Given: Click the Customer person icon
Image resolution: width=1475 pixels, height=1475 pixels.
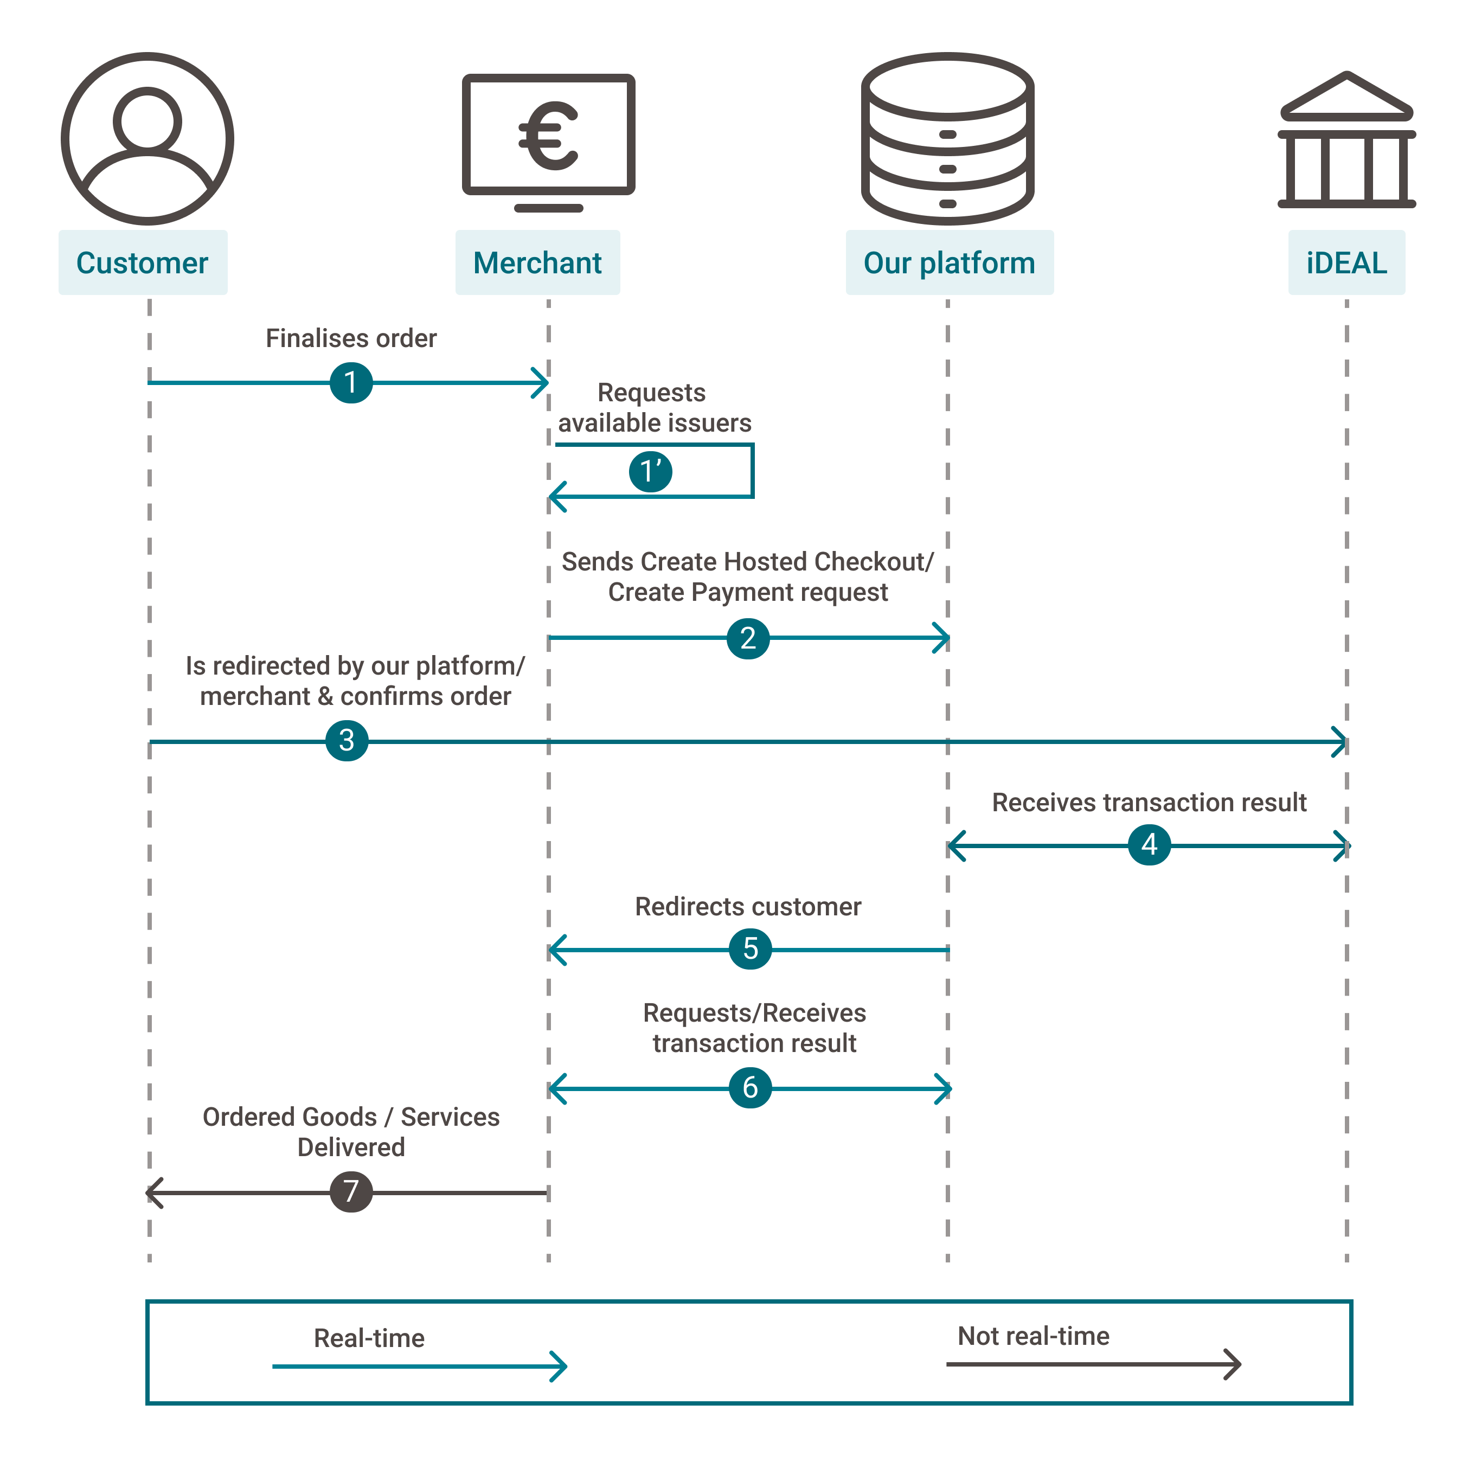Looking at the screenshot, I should [x=147, y=139].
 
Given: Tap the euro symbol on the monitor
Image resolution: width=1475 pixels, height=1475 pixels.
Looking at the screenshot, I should [x=548, y=136].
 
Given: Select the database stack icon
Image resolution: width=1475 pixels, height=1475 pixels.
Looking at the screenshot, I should [x=947, y=139].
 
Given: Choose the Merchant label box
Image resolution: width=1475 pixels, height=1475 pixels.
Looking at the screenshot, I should [x=537, y=262].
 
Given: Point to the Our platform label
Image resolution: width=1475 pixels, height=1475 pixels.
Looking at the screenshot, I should [x=949, y=262].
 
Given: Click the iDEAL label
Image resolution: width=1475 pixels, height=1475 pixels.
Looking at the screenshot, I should [x=1346, y=262].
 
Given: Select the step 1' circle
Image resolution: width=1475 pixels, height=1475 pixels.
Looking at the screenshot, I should [x=651, y=471].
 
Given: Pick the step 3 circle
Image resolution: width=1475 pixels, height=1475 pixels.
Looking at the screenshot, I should [x=347, y=740].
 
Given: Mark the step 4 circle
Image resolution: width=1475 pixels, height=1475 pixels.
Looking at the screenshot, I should [x=1149, y=844].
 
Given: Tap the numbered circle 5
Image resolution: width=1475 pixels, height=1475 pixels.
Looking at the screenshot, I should [x=751, y=948].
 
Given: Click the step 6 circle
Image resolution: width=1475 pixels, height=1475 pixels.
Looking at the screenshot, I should [x=751, y=1087].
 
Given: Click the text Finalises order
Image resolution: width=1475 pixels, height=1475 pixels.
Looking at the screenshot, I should [x=351, y=338].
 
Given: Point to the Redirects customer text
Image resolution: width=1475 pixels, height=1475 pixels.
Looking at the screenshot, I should [x=748, y=906].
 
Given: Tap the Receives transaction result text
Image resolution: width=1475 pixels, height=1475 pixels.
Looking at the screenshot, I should [x=1149, y=803].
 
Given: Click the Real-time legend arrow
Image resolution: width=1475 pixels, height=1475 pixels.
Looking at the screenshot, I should [x=420, y=1366].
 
